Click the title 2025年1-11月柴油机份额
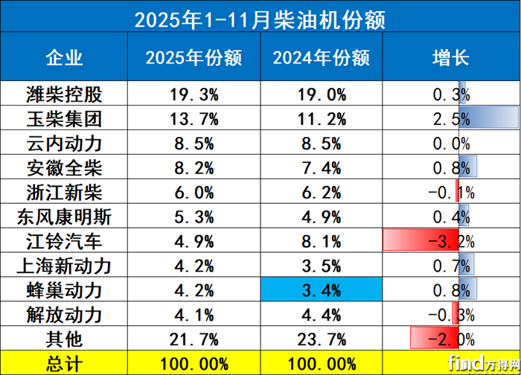[260, 19]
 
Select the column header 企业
[64, 58]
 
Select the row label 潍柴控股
[64, 94]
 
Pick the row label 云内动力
[64, 143]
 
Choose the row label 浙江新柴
[64, 192]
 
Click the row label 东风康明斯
[64, 217]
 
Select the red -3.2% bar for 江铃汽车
[421, 241]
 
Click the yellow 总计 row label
[64, 363]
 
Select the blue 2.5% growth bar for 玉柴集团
[488, 118]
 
